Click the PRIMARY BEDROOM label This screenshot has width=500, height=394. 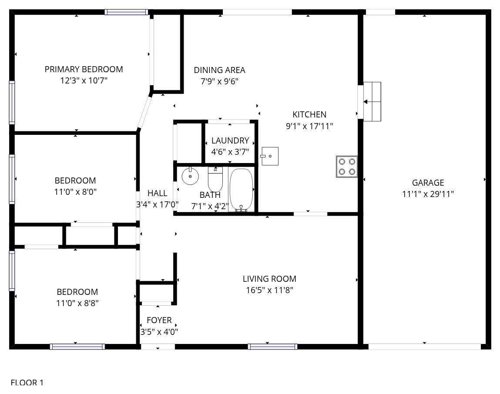click(84, 69)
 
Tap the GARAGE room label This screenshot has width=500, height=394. click(428, 183)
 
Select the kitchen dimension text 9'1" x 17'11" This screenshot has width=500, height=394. click(309, 126)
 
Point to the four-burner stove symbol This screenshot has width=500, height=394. click(347, 167)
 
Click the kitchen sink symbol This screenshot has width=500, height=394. click(270, 156)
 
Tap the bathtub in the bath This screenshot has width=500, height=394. click(242, 190)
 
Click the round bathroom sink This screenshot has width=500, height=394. click(190, 176)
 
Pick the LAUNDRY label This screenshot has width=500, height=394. click(230, 140)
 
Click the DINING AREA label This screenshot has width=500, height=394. click(220, 70)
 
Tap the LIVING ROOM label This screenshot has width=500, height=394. click(269, 279)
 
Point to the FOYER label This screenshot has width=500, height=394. click(159, 320)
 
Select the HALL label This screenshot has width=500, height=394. click(157, 193)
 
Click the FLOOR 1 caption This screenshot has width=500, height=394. click(27, 383)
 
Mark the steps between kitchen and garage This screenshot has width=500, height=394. click(372, 102)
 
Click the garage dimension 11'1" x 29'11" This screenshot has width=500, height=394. click(428, 194)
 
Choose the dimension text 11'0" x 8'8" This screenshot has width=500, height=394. click(77, 303)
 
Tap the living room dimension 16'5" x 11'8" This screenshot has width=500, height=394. click(269, 290)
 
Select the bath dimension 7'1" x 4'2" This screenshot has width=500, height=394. click(210, 207)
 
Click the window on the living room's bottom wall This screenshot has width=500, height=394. click(273, 347)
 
